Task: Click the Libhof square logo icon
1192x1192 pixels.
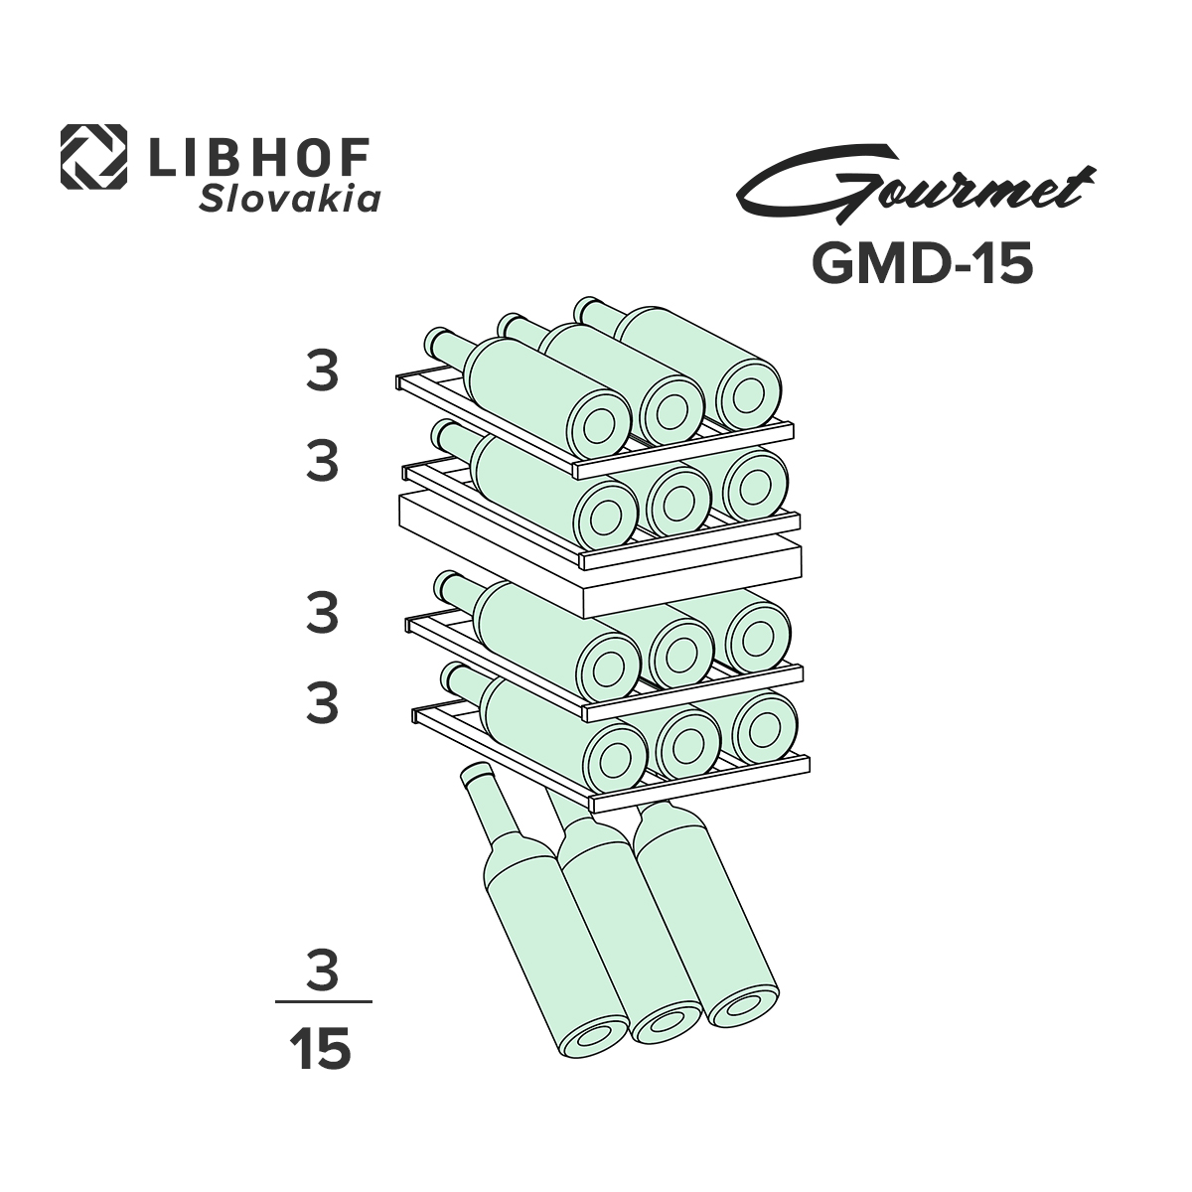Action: [93, 157]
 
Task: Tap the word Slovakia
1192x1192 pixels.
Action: [290, 200]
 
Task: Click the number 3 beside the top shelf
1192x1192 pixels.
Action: [322, 372]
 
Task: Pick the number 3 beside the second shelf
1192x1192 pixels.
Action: [322, 463]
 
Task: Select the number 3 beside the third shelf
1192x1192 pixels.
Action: [322, 614]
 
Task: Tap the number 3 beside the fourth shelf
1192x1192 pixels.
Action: [322, 703]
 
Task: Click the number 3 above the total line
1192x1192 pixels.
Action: [322, 970]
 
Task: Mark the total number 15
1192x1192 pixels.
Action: [321, 1049]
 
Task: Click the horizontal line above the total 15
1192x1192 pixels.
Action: [322, 1002]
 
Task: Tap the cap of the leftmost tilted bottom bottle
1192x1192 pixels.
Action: [477, 776]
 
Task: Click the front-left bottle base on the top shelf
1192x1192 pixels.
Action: [602, 428]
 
